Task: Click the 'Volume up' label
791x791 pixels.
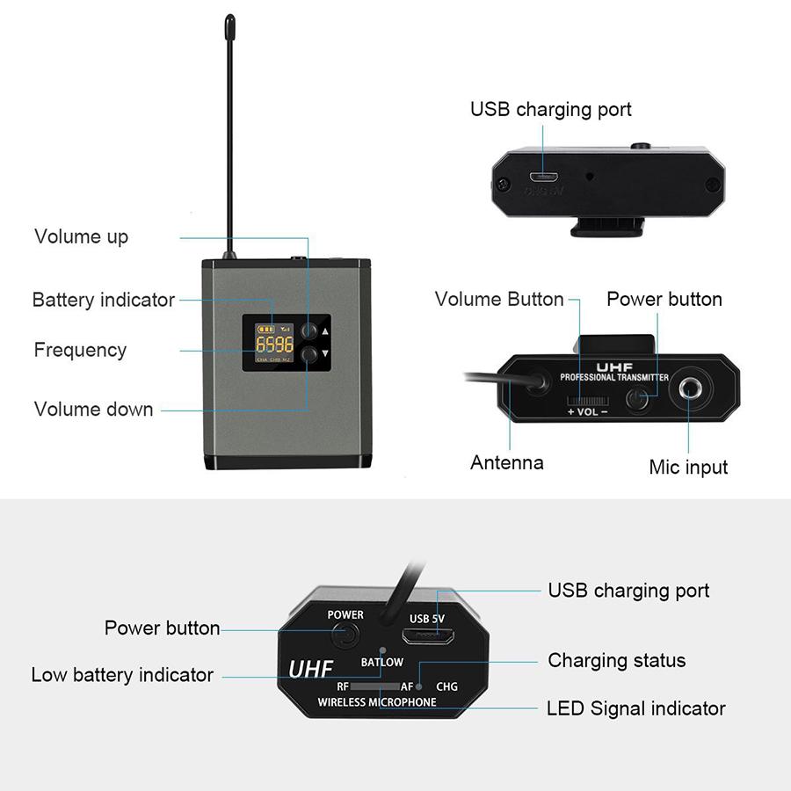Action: (x=81, y=236)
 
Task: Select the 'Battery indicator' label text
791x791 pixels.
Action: (x=103, y=300)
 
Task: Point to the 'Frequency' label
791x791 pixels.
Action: (x=80, y=350)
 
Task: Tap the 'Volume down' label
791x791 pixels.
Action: (x=93, y=409)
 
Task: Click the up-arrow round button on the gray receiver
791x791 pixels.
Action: (x=308, y=331)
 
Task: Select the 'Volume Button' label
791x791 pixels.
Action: (x=498, y=299)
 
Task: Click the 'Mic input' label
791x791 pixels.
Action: (x=688, y=467)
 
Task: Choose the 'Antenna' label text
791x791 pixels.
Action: (x=506, y=462)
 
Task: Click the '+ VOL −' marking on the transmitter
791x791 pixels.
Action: (x=587, y=411)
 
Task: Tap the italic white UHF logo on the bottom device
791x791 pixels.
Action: (x=310, y=669)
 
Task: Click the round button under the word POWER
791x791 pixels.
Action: (x=348, y=635)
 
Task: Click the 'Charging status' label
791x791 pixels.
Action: (x=616, y=660)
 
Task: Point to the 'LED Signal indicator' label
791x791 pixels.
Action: (x=635, y=708)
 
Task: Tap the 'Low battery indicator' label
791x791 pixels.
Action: (x=122, y=675)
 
